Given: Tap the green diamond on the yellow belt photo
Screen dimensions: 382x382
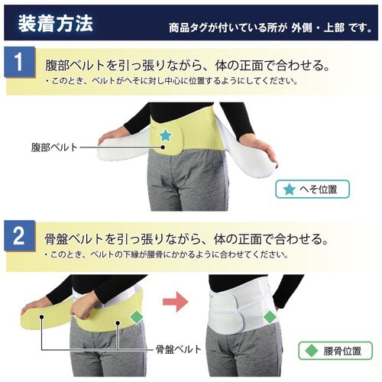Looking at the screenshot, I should pos(137,316).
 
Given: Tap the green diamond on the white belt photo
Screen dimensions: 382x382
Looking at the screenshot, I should pos(268,315).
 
